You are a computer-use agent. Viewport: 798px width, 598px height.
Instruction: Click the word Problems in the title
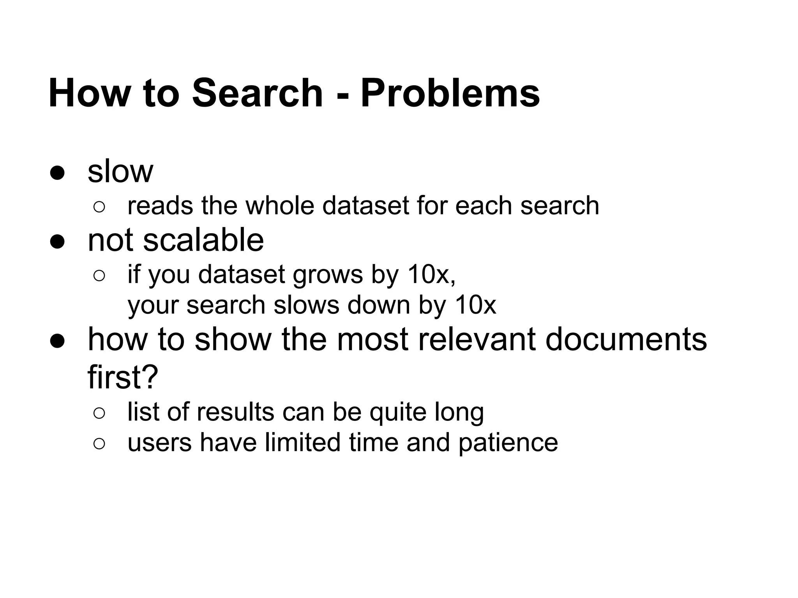[450, 93]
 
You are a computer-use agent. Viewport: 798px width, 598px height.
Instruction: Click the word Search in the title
[257, 93]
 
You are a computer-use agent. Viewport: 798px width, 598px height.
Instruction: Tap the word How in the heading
[90, 93]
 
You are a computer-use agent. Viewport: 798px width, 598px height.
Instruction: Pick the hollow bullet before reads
[99, 207]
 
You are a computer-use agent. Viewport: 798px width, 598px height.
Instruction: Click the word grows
[328, 275]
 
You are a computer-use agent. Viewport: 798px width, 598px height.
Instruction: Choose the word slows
[306, 305]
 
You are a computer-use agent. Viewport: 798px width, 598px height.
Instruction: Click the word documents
[626, 339]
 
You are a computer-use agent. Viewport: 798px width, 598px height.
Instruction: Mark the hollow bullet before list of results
[99, 413]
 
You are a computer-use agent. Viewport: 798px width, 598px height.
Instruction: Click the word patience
[508, 443]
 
